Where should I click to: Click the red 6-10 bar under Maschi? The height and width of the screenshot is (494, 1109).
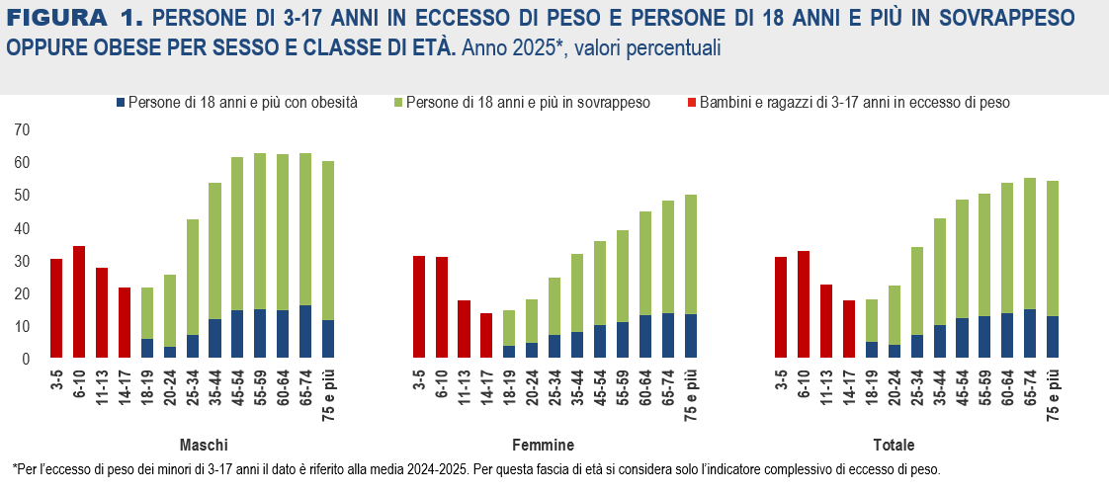point(79,302)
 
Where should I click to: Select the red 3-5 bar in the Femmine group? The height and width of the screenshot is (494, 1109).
point(418,307)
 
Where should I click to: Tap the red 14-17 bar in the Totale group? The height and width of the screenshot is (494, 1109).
point(848,330)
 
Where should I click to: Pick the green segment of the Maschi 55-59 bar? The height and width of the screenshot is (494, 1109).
point(260,231)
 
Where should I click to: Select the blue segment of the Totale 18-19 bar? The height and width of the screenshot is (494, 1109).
point(871,351)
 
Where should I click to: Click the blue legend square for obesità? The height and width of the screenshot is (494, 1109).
point(121,103)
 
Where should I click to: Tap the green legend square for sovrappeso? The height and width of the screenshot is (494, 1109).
point(397,103)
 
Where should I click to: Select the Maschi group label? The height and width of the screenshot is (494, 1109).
point(204,444)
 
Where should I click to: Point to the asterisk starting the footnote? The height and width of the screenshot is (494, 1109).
point(15,468)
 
